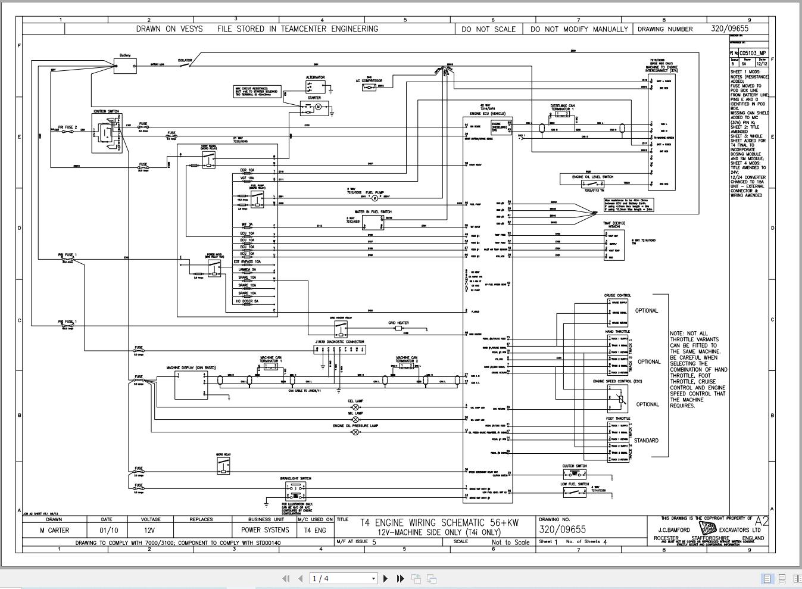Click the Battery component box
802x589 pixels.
point(125,66)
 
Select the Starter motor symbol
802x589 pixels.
point(318,107)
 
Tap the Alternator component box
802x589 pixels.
point(313,86)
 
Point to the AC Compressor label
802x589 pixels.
point(369,81)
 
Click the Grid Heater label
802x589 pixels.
point(398,323)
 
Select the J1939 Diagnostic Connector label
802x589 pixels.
point(339,342)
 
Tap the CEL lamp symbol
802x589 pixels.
point(356,407)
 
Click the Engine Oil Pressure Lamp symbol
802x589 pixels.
point(356,432)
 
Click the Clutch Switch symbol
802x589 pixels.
point(574,475)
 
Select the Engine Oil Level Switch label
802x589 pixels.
point(592,177)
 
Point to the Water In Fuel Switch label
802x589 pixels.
point(373,212)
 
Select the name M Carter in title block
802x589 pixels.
point(54,530)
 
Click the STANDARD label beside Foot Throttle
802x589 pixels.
point(646,441)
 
